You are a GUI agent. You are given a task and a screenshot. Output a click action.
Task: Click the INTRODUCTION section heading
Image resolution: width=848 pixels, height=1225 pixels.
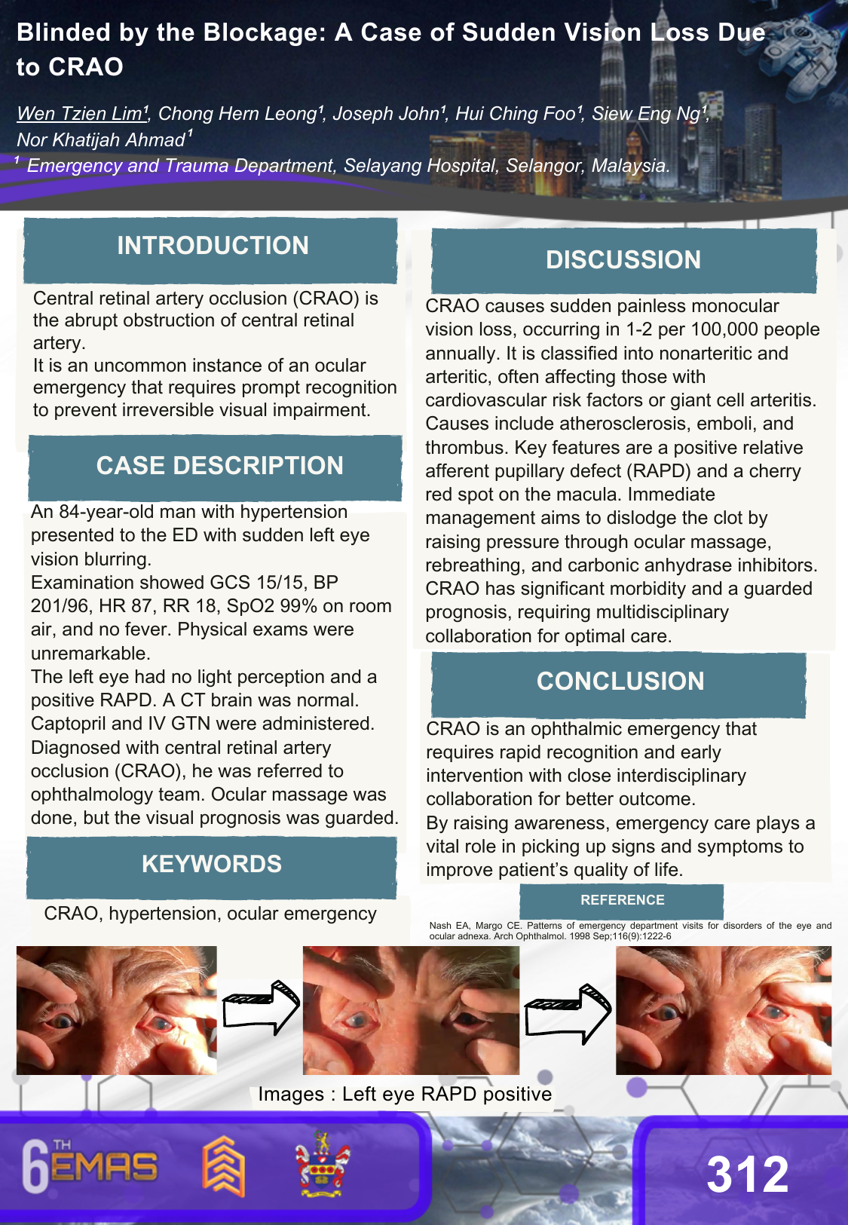tap(213, 246)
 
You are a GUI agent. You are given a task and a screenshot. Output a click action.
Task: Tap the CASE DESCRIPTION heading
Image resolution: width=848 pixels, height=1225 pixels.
tap(219, 466)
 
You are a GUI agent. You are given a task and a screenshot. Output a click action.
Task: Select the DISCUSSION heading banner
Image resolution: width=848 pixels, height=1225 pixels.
tap(623, 260)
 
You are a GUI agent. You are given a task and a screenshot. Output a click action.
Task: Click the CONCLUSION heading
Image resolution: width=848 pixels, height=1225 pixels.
tap(620, 681)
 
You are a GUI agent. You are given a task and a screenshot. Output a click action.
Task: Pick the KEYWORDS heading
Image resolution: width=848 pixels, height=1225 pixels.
tap(212, 864)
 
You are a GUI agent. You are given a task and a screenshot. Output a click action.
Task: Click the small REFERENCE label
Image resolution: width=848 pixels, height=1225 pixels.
tap(622, 900)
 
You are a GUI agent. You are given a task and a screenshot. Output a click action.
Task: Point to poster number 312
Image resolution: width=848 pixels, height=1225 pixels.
tap(747, 1174)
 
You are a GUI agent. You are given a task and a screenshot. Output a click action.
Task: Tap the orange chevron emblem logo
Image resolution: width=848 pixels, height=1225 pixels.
tap(223, 1165)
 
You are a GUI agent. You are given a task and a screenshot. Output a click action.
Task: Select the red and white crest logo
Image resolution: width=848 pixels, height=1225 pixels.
tap(322, 1165)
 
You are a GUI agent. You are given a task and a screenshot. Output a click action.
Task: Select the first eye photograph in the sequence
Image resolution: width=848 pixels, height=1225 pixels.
tap(117, 1010)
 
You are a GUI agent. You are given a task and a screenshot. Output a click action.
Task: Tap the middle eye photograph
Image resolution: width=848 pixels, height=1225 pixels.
tap(411, 1010)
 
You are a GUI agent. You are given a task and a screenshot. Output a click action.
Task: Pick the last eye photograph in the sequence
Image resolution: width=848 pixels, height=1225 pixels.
tap(724, 1010)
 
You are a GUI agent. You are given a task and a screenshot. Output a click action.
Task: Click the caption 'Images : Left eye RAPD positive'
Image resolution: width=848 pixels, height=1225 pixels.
tap(405, 1094)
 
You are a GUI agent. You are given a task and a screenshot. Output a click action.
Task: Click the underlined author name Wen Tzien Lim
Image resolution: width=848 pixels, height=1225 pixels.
tap(81, 114)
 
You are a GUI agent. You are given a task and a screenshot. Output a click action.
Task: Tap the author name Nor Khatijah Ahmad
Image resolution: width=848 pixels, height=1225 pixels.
tap(101, 140)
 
